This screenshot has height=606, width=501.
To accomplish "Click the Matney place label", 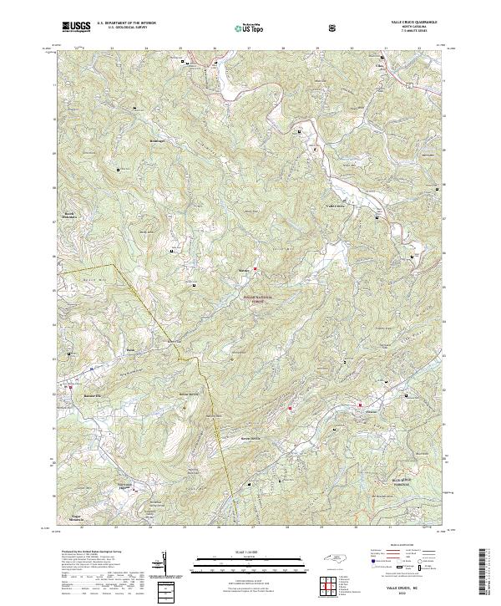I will (x=244, y=271).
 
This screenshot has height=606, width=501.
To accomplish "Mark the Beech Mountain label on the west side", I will (x=70, y=215).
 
